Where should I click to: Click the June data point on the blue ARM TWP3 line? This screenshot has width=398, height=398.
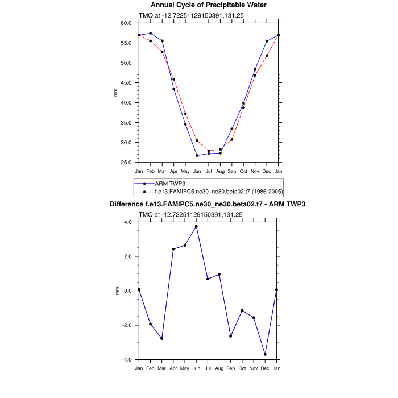(x=197, y=155)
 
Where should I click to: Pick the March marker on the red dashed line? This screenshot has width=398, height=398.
(x=162, y=52)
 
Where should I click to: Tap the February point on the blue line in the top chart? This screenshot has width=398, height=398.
(x=151, y=33)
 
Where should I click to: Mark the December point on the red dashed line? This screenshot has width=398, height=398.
(x=267, y=56)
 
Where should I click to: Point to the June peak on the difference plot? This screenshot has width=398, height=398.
(x=197, y=226)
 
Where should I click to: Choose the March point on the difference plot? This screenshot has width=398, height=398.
(x=162, y=338)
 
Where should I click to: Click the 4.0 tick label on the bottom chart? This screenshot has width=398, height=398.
(x=128, y=222)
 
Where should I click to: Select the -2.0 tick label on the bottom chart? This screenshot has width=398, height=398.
(x=127, y=325)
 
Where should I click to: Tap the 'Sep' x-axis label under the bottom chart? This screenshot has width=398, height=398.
(x=231, y=368)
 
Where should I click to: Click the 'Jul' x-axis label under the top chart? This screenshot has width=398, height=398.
(x=209, y=171)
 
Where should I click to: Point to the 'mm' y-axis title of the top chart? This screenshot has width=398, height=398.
(x=116, y=93)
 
